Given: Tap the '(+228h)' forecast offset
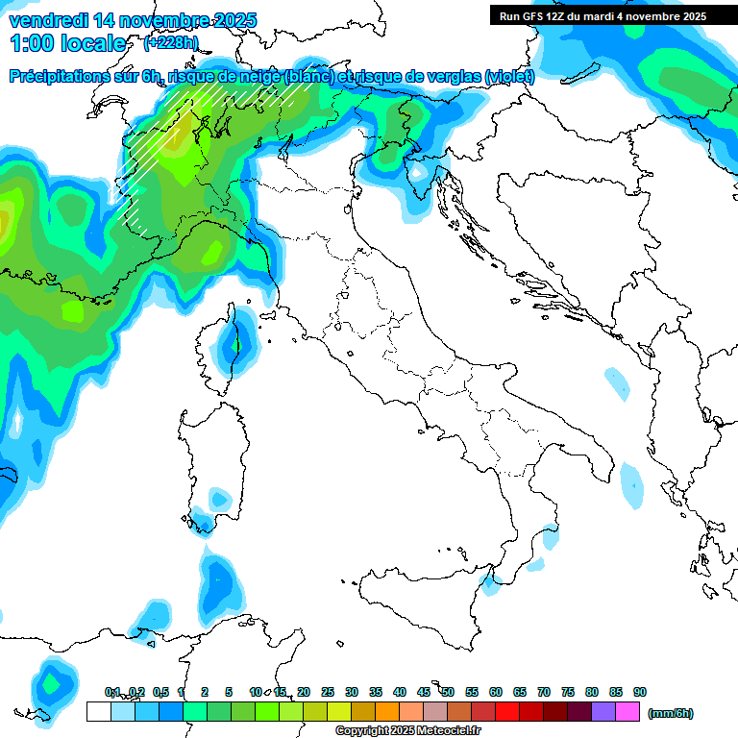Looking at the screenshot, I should tap(170, 42).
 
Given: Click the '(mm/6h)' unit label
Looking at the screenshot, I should tap(671, 713).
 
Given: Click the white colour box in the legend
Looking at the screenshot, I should tap(98, 712).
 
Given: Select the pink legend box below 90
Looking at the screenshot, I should tap(627, 712).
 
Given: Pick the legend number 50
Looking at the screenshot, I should tap(448, 692).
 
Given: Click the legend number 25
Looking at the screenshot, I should tap(328, 692).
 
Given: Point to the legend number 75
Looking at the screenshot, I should tap(568, 692).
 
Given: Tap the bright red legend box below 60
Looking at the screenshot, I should tap(507, 712).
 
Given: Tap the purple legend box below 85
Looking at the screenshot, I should tap(603, 712).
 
